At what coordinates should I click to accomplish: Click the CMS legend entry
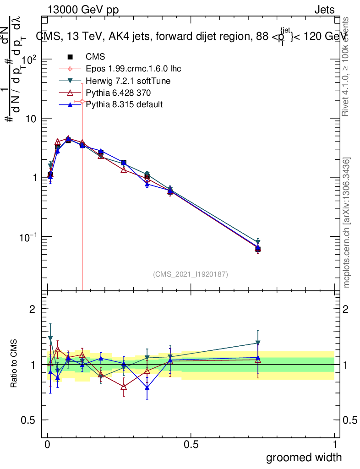(x=95, y=57)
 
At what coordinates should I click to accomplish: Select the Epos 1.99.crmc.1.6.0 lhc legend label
(x=133, y=69)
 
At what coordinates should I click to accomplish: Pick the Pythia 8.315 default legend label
(x=124, y=105)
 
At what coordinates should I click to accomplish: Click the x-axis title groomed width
(x=304, y=457)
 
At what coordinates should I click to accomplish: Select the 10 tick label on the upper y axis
(x=30, y=119)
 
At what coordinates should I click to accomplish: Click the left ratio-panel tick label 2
(x=32, y=309)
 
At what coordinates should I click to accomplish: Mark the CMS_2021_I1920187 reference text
(x=191, y=274)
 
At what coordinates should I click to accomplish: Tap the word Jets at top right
(x=324, y=10)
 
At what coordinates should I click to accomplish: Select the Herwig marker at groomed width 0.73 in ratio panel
(x=258, y=343)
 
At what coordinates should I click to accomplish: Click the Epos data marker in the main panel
(x=82, y=101)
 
